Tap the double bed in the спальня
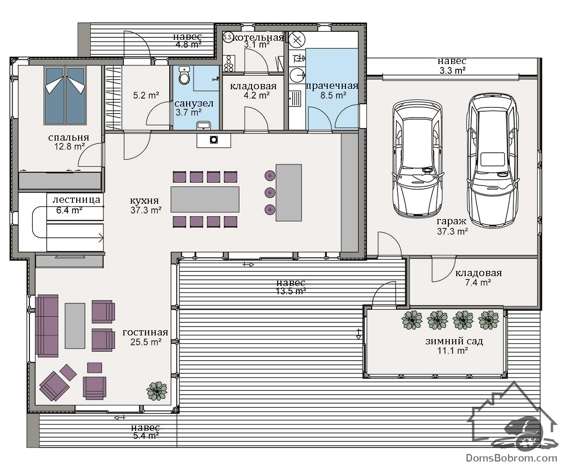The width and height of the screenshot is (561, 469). (65, 95)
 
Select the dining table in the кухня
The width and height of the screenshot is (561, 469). (205, 199)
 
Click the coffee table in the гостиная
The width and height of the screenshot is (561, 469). (75, 326)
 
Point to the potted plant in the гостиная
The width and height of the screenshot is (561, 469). (157, 391)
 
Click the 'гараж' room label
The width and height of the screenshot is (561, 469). (452, 221)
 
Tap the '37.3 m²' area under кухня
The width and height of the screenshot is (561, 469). (146, 210)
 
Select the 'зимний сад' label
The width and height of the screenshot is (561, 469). (454, 341)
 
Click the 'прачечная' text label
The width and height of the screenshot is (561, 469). (332, 86)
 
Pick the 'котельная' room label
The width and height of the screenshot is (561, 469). (258, 37)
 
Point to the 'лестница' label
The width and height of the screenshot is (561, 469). (76, 200)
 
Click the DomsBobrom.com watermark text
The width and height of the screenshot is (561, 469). (511, 458)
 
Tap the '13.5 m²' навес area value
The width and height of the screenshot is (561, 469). (291, 291)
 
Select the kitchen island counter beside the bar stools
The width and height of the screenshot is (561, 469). (288, 192)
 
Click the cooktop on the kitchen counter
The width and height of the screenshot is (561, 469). (214, 140)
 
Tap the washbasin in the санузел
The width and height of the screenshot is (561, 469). (204, 125)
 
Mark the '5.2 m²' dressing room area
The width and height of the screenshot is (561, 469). (146, 95)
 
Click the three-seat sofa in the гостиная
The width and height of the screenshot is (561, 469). (47, 326)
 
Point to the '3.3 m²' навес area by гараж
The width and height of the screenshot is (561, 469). (453, 71)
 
